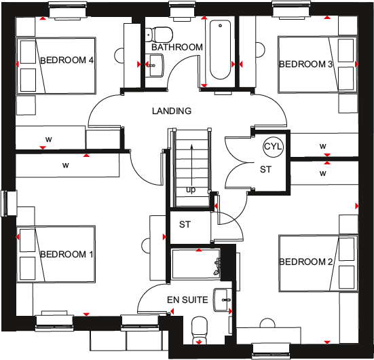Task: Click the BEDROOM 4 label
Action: (67, 60)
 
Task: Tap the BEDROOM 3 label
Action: (306, 65)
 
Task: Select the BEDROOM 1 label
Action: (67, 254)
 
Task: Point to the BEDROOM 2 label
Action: (305, 262)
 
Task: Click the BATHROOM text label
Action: (177, 47)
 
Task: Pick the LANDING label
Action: (171, 111)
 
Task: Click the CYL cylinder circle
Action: (274, 147)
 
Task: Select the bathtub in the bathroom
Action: (221, 51)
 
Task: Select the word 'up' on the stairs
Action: (191, 190)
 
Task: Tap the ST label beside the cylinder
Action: (264, 169)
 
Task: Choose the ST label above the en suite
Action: (185, 225)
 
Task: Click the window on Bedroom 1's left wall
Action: (9, 202)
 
